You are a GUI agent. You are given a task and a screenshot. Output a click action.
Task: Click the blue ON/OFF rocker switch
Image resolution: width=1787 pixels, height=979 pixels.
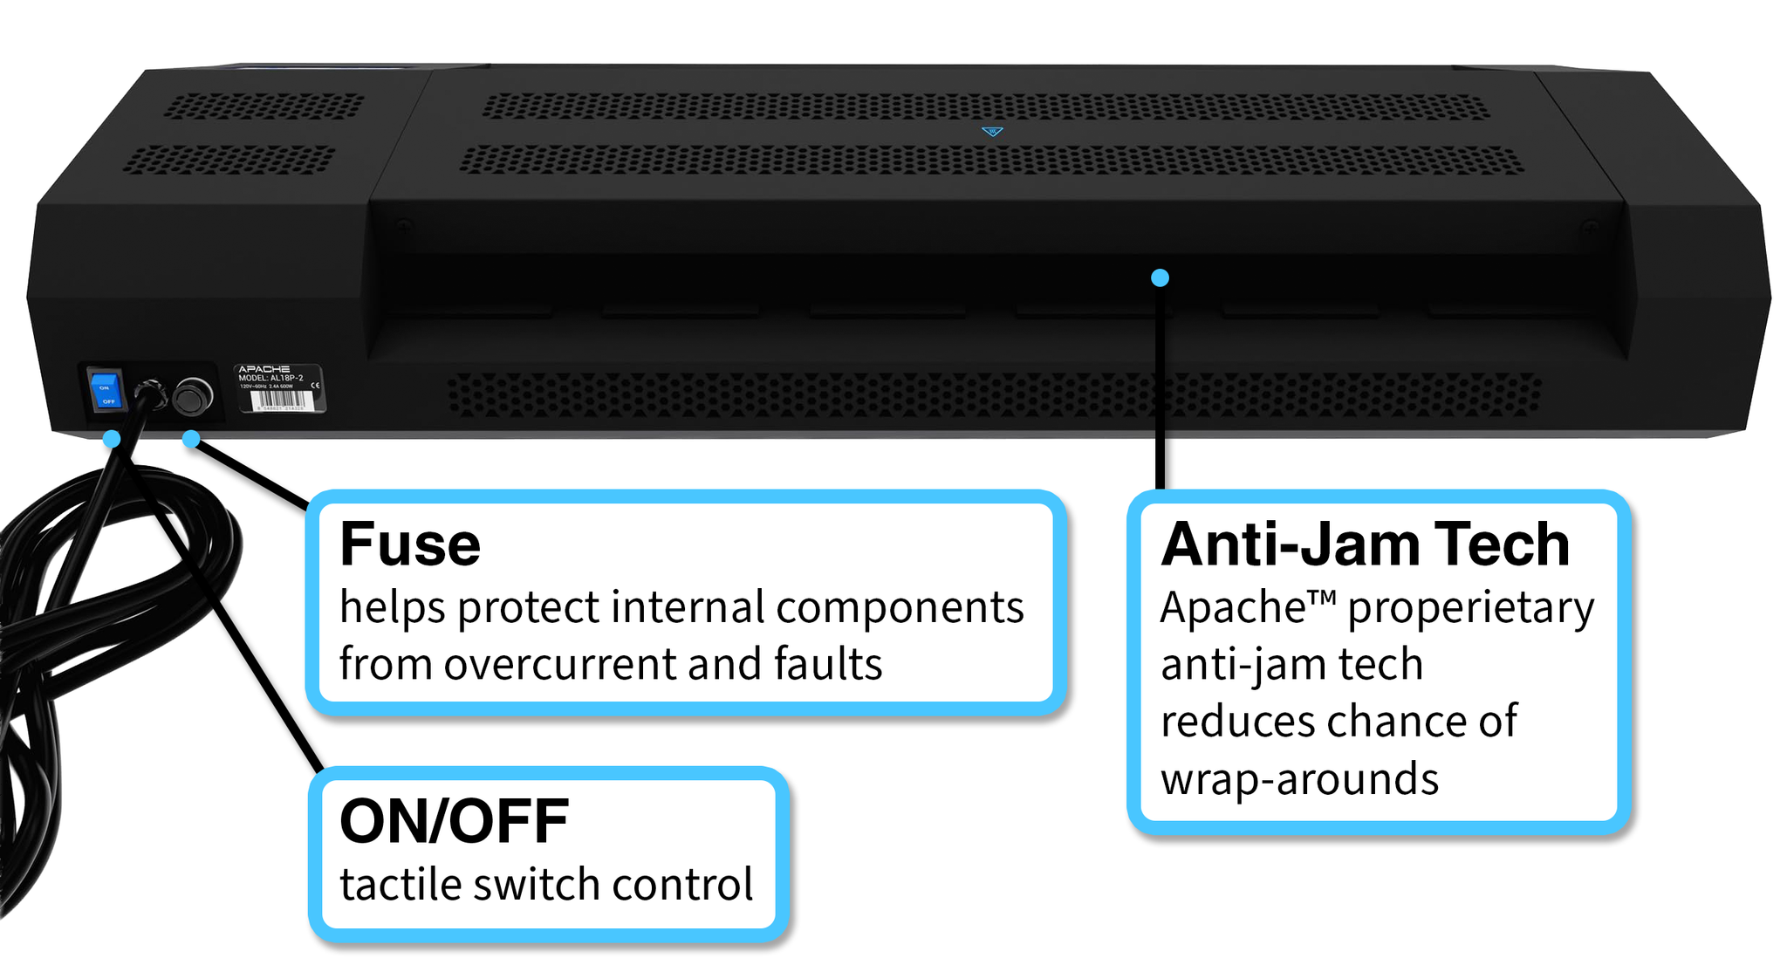(106, 390)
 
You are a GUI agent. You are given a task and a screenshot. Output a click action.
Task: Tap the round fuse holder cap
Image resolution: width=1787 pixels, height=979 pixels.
(192, 396)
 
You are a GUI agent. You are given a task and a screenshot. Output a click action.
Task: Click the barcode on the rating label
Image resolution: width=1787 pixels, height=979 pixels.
(279, 400)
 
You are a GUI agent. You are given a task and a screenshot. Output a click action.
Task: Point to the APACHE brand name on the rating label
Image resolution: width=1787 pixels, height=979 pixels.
(264, 369)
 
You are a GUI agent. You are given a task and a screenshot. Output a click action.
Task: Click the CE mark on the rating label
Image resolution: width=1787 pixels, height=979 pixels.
(315, 385)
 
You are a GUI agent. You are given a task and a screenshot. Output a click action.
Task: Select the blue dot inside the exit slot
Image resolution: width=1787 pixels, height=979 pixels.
(1160, 277)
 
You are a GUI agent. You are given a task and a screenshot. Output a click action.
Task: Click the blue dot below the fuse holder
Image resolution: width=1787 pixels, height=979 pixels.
(191, 439)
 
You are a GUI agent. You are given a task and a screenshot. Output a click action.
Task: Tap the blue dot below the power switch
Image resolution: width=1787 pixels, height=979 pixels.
(112, 439)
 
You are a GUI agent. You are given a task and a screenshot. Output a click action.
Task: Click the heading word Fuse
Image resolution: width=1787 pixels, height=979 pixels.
(410, 544)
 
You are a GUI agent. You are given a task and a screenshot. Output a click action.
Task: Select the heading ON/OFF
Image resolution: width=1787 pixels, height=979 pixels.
(454, 822)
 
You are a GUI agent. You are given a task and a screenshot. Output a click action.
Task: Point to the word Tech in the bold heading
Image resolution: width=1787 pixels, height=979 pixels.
(1502, 544)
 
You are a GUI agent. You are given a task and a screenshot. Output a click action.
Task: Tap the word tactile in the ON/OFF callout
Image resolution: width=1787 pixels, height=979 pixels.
(400, 885)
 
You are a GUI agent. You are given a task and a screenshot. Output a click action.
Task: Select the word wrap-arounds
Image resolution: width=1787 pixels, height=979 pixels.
(1299, 779)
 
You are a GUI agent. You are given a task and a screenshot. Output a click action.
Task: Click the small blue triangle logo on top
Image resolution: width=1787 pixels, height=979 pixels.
(992, 132)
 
